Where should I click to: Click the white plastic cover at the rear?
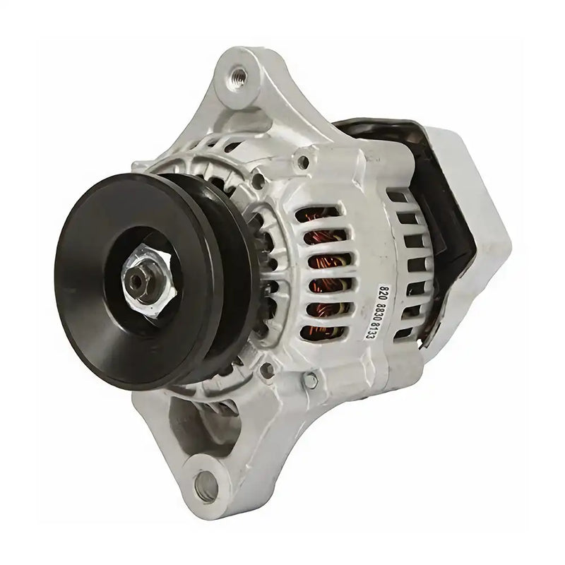tap(480, 212)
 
